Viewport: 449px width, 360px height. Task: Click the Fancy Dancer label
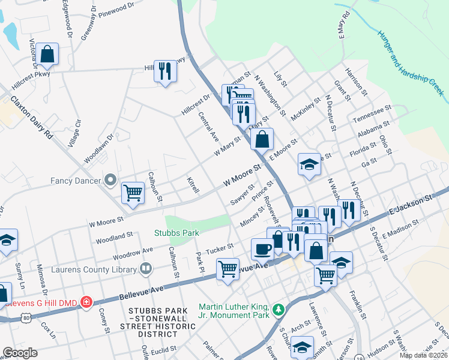(75, 179)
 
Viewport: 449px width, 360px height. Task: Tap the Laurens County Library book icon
(145, 269)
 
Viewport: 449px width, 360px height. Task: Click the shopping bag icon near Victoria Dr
(47, 55)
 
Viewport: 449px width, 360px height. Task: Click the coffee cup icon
(262, 248)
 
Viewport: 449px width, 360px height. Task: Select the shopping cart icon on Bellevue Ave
(228, 270)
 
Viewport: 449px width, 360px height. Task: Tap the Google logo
(20, 352)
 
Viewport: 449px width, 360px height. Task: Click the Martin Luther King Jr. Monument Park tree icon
(277, 310)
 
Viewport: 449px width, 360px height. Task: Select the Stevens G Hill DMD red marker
(86, 301)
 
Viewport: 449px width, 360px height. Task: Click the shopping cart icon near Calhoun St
(133, 193)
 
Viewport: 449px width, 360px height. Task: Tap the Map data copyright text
(423, 355)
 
